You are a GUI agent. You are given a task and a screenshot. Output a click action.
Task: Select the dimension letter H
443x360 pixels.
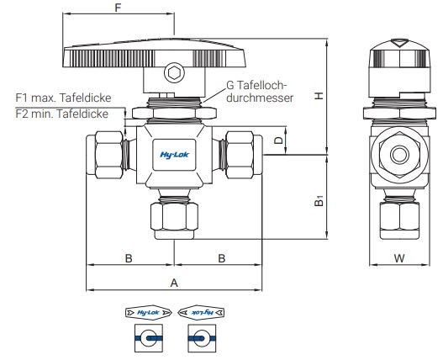pyautogui.click(x=318, y=97)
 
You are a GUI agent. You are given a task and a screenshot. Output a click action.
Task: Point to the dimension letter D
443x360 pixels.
pyautogui.click(x=279, y=140)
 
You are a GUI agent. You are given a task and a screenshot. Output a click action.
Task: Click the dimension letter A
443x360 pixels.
pyautogui.click(x=174, y=283)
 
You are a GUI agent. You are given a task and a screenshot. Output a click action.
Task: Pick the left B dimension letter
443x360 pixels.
pyautogui.click(x=129, y=258)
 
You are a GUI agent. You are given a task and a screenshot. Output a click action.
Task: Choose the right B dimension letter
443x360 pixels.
pyautogui.click(x=221, y=258)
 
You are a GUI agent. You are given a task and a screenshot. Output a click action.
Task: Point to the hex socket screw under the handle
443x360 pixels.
pyautogui.click(x=173, y=74)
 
